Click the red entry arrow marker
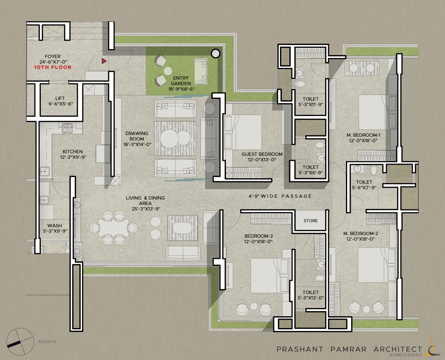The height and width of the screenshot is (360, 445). click(104, 61)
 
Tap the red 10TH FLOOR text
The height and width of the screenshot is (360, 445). click(53, 67)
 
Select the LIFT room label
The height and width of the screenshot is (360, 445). click(60, 98)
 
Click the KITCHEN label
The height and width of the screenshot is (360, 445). click(73, 151)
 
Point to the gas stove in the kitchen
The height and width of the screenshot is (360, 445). click(67, 128)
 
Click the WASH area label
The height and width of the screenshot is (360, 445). click(55, 225)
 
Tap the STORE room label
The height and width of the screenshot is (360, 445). click(310, 221)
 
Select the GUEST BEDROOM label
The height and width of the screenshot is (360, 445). click(262, 154)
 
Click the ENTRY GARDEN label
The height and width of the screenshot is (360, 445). click(181, 80)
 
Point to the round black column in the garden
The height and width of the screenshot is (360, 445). click(215, 53)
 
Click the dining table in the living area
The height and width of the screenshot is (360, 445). click(113, 228)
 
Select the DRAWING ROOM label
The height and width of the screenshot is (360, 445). click(136, 136)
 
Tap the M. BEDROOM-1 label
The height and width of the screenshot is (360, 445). click(363, 135)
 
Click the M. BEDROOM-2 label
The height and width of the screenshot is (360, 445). click(360, 234)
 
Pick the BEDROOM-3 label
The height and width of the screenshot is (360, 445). click(258, 236)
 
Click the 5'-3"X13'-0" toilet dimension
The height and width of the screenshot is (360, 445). click(311, 298)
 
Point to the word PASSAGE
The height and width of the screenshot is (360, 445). click(296, 196)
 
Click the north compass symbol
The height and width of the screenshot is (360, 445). click(20, 341)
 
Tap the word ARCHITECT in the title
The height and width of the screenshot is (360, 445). click(398, 349)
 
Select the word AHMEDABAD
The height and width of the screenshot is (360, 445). click(405, 355)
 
